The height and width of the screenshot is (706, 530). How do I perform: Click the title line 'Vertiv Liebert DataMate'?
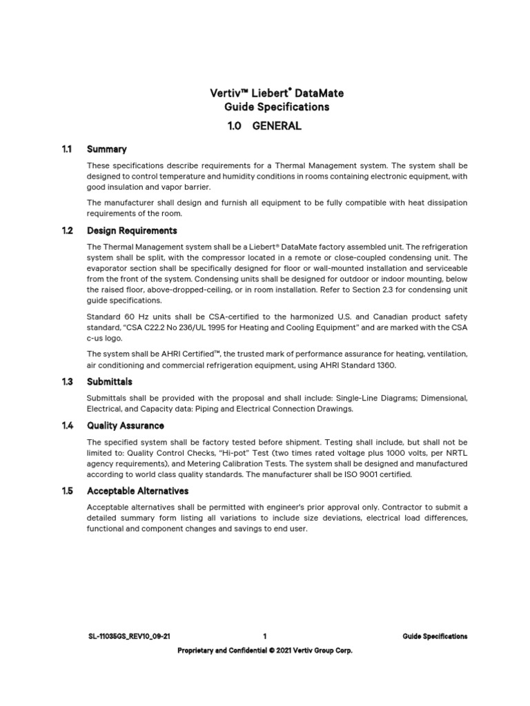pos(266,92)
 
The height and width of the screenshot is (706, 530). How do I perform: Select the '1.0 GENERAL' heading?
pos(265,126)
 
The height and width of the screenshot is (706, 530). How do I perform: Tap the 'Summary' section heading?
pos(106,149)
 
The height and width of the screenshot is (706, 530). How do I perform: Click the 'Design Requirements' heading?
pos(132,230)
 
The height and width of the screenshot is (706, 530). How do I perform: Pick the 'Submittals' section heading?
pos(109,381)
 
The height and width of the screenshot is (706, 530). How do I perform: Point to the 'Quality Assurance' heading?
pos(126,425)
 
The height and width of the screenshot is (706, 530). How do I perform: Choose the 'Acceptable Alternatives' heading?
pos(137,491)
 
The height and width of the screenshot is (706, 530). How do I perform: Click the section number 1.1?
pos(67,149)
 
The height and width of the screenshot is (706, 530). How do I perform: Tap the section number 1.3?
pos(67,381)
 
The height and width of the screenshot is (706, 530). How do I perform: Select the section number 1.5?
pos(67,491)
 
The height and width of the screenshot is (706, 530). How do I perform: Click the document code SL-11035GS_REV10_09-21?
pos(124,636)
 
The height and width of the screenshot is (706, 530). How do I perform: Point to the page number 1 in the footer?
pos(265,636)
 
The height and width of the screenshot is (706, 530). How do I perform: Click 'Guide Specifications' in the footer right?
pos(435,636)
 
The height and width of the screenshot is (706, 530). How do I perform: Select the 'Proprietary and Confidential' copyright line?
pos(265,650)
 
